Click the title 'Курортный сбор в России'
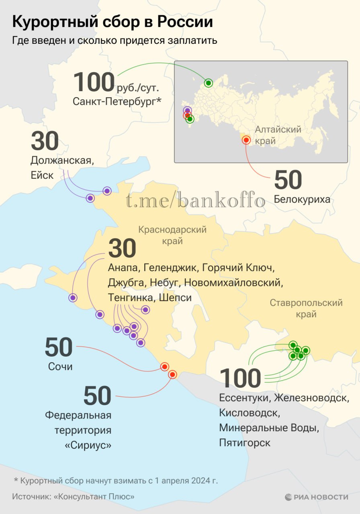click(x=112, y=22)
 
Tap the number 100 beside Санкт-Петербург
click(x=94, y=82)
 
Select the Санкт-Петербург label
click(x=117, y=102)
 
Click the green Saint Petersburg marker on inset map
click(x=208, y=83)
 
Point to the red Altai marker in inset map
click(x=246, y=140)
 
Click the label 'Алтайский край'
click(x=278, y=135)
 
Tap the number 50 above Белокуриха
click(x=288, y=180)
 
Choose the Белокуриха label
click(x=302, y=199)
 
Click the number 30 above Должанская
click(x=45, y=141)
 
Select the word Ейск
click(x=42, y=175)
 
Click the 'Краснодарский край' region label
click(x=172, y=235)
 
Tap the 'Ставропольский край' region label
click(x=306, y=308)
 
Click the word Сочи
click(x=60, y=367)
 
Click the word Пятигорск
click(x=245, y=443)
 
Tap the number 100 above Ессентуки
click(x=240, y=378)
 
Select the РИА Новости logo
click(x=316, y=497)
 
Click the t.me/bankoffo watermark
click(x=195, y=201)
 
